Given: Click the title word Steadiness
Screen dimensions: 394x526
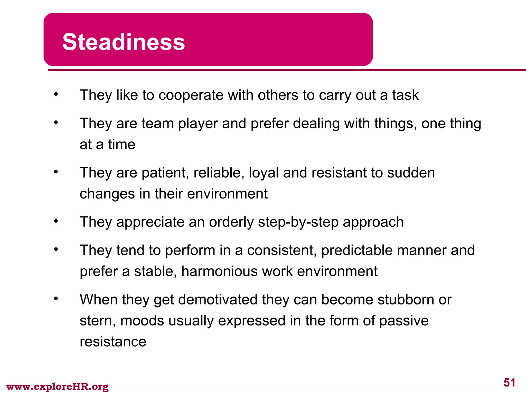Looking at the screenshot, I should [x=124, y=42].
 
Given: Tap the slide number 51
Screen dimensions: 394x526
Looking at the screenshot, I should [x=509, y=383].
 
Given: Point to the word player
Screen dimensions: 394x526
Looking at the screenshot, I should [x=198, y=124].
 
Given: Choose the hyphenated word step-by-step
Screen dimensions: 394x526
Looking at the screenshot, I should [x=298, y=222].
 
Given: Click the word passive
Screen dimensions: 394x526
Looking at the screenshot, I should [x=404, y=321].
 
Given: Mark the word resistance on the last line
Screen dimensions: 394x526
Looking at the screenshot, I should [x=113, y=342].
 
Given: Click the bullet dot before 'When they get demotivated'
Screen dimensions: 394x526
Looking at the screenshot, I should [x=56, y=299].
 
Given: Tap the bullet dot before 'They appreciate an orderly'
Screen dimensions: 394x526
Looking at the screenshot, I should [x=56, y=221].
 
